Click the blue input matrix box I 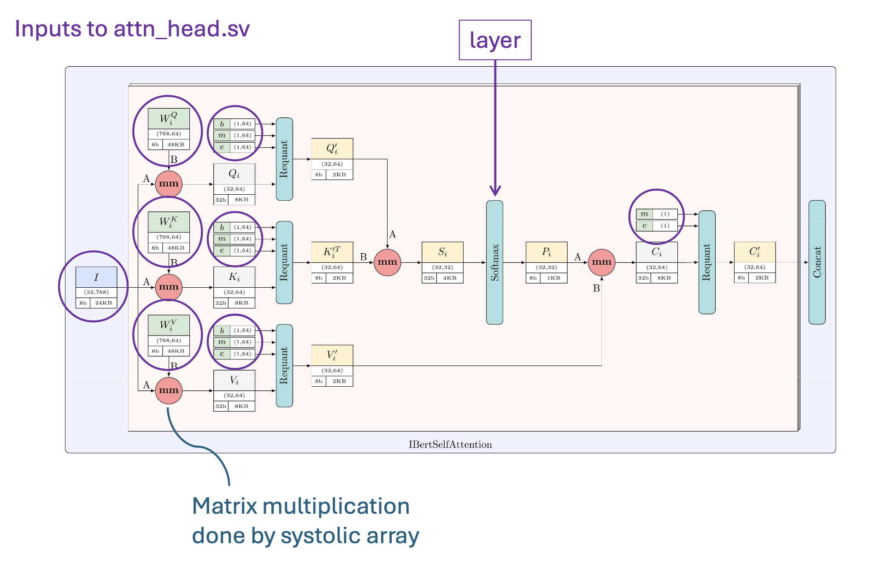(x=96, y=287)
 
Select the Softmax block (x=494, y=262)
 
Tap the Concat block (x=817, y=262)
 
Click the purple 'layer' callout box (x=495, y=40)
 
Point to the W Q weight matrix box (x=169, y=129)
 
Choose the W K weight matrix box (x=169, y=232)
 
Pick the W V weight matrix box (x=169, y=335)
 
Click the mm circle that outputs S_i (x=387, y=262)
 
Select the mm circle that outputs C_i (x=601, y=262)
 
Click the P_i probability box (x=547, y=262)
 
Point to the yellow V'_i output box (x=332, y=366)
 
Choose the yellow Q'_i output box (x=332, y=159)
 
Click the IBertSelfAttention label (x=450, y=445)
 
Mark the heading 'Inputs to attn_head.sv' (x=132, y=29)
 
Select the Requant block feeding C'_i (x=707, y=262)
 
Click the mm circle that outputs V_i (x=169, y=390)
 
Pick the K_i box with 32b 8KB (x=234, y=287)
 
